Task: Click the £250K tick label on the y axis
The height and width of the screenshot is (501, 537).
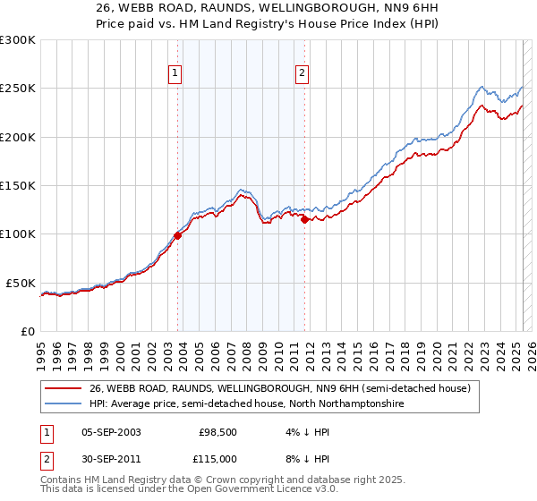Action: click(18, 89)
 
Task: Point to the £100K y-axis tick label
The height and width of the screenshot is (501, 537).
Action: click(18, 234)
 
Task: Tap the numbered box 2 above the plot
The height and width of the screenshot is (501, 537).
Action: click(303, 74)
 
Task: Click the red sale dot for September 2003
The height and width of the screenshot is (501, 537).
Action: click(177, 235)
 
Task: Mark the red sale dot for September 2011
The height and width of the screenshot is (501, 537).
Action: click(305, 219)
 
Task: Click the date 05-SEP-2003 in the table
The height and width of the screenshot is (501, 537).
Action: click(111, 431)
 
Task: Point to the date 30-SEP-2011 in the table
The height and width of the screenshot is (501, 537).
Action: click(111, 458)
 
